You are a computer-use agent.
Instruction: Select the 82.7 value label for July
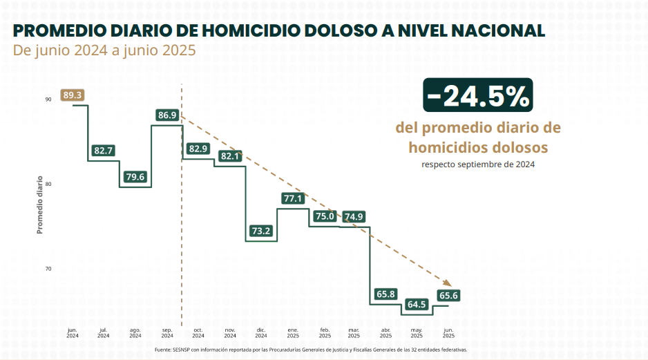(x=104, y=150)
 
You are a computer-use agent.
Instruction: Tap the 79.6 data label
(x=135, y=177)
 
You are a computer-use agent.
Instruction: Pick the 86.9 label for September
(x=167, y=115)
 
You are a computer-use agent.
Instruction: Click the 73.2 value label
(x=261, y=231)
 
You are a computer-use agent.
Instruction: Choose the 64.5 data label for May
(x=417, y=305)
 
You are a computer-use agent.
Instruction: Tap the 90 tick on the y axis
(x=48, y=100)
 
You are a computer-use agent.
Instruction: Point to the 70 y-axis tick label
(x=48, y=269)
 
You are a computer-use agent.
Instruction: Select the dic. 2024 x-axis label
(x=261, y=333)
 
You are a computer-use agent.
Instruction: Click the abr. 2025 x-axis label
(x=385, y=333)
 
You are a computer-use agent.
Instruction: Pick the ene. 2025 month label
(x=293, y=333)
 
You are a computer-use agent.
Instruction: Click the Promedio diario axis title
(x=40, y=205)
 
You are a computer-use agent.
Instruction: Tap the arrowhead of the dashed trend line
(x=447, y=283)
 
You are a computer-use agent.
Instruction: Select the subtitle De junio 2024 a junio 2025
(x=104, y=50)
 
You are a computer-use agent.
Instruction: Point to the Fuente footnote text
(x=311, y=350)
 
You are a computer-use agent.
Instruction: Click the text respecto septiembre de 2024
(x=478, y=164)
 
